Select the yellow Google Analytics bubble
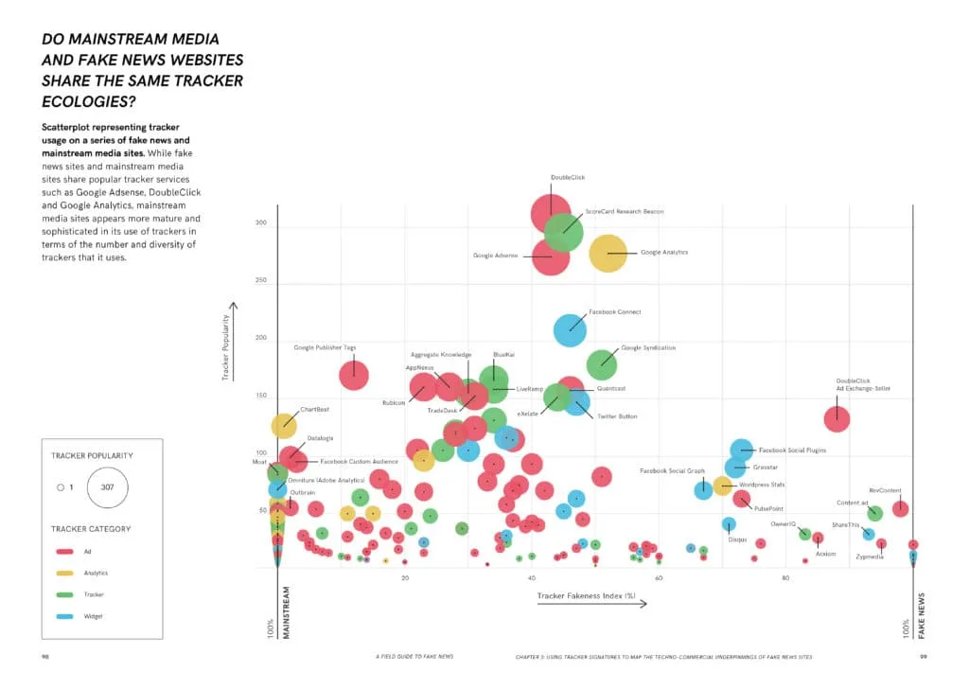tap(608, 253)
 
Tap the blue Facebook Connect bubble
tap(570, 329)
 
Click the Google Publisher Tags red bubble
tap(354, 375)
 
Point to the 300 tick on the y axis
tap(262, 223)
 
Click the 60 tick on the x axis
tap(659, 577)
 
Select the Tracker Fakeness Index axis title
tap(586, 596)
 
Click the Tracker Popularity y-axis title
tap(227, 347)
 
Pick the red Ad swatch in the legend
tap(65, 551)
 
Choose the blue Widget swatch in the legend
tap(65, 616)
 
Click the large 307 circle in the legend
tap(106, 487)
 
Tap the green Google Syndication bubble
tap(602, 363)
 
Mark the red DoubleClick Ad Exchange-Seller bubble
tap(837, 418)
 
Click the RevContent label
tap(885, 490)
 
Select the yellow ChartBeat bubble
tap(284, 425)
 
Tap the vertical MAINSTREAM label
tap(286, 614)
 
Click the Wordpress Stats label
tap(762, 485)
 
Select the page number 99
tap(923, 656)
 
